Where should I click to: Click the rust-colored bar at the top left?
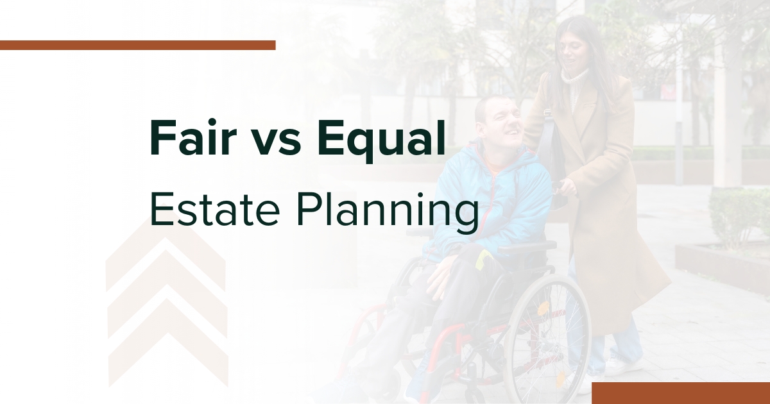tap(137, 45)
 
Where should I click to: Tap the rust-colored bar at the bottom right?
tap(680, 392)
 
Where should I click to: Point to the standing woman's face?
tap(575, 45)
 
